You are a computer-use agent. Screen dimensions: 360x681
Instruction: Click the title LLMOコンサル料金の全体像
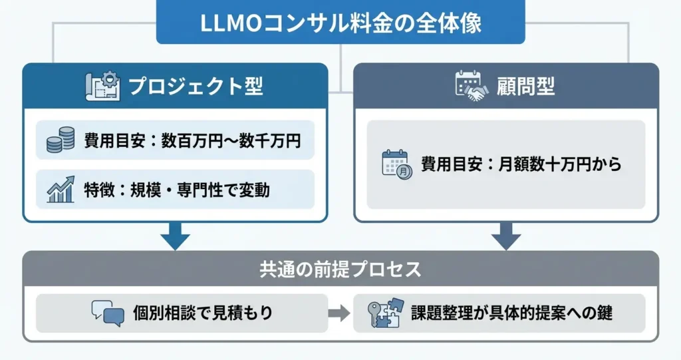(340, 22)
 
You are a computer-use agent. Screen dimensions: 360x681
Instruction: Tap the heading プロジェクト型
(195, 87)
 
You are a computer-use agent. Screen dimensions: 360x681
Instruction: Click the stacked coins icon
(61, 140)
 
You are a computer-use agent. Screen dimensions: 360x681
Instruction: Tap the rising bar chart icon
(61, 190)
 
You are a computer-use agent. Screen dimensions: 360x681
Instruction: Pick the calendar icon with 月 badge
(396, 164)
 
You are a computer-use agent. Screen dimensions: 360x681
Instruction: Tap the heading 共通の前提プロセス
(340, 270)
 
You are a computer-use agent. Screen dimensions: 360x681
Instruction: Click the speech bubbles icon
(108, 313)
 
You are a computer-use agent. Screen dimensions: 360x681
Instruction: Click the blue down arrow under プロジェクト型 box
(176, 236)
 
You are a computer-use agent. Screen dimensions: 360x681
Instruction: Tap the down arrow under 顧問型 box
(506, 236)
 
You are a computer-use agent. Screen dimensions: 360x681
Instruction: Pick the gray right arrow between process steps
(340, 313)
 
